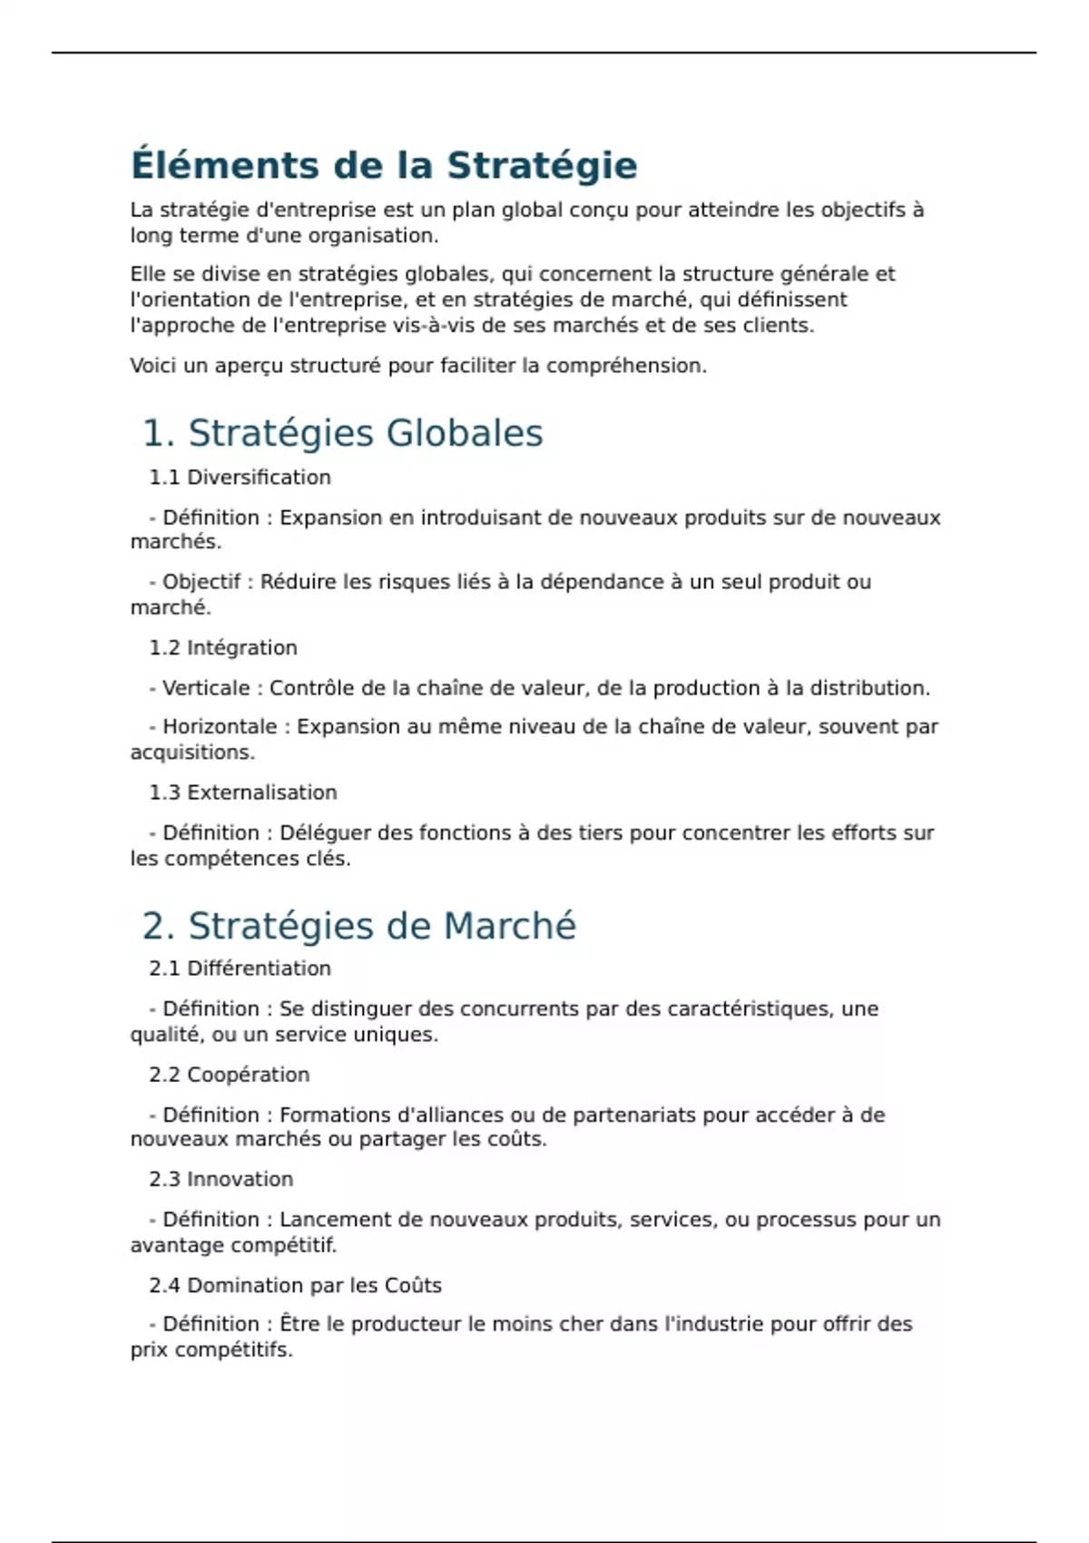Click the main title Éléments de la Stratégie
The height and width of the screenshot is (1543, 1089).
coord(384,165)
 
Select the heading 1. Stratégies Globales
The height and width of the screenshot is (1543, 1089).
coord(343,433)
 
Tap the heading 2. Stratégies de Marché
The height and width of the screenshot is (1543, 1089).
coord(359,926)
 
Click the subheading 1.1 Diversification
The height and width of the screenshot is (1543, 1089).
coord(240,477)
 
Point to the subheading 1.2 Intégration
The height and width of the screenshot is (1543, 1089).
coord(223,648)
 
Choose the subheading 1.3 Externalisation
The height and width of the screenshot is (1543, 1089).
coord(243,792)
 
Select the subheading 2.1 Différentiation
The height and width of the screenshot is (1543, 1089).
coord(240,968)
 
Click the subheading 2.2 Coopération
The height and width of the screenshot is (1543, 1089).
coord(230,1075)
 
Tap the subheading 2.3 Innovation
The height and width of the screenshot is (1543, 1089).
coord(221,1179)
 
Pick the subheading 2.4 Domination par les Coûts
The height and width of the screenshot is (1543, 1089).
coord(295,1285)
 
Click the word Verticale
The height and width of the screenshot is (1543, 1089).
coord(206,688)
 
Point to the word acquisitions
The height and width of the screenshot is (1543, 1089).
coord(192,752)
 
